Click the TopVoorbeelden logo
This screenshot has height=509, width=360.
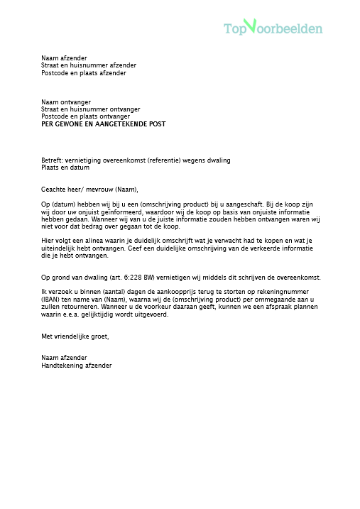pyautogui.click(x=273, y=28)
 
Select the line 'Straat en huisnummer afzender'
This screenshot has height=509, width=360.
pyautogui.click(x=89, y=65)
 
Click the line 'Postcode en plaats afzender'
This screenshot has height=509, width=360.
pyautogui.click(x=84, y=73)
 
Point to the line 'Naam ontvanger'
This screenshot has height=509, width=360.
pyautogui.click(x=66, y=102)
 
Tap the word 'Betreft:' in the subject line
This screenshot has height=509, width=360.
pyautogui.click(x=53, y=160)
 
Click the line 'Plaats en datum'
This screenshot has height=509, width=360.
pyautogui.click(x=65, y=168)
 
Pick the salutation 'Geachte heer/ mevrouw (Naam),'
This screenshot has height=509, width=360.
pyautogui.click(x=90, y=190)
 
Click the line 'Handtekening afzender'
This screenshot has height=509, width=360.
pyautogui.click(x=77, y=365)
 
